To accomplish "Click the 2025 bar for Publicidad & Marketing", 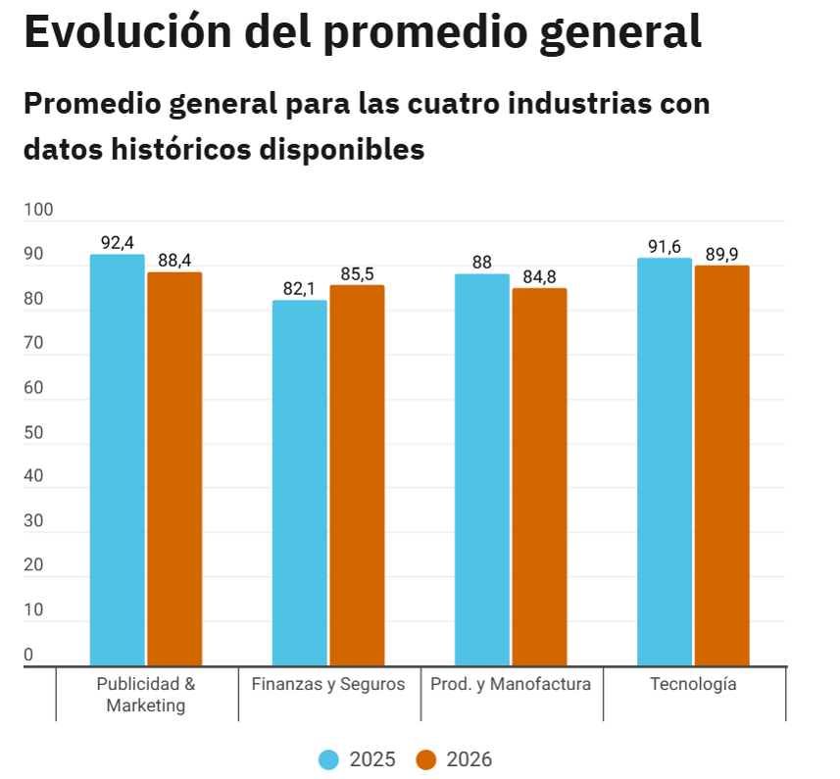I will [x=117, y=461].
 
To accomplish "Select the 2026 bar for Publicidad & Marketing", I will [x=174, y=469].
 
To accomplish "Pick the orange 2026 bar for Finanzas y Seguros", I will [x=357, y=476].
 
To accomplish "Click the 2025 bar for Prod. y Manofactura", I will [x=482, y=470].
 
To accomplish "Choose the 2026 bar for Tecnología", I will [x=722, y=465].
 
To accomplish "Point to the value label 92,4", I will [x=118, y=242].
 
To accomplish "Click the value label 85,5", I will [x=357, y=273].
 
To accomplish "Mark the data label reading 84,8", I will [x=539, y=276].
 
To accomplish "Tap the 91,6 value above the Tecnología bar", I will [x=665, y=246].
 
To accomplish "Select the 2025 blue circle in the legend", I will [x=329, y=759].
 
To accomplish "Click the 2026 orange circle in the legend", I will [x=425, y=759].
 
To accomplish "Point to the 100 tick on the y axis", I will [x=38, y=210].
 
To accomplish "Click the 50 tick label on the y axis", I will [x=33, y=432].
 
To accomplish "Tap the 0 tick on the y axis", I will [x=28, y=655].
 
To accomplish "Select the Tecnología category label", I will [x=693, y=684].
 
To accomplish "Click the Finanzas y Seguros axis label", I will [x=328, y=684].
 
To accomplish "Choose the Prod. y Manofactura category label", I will [x=511, y=684].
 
